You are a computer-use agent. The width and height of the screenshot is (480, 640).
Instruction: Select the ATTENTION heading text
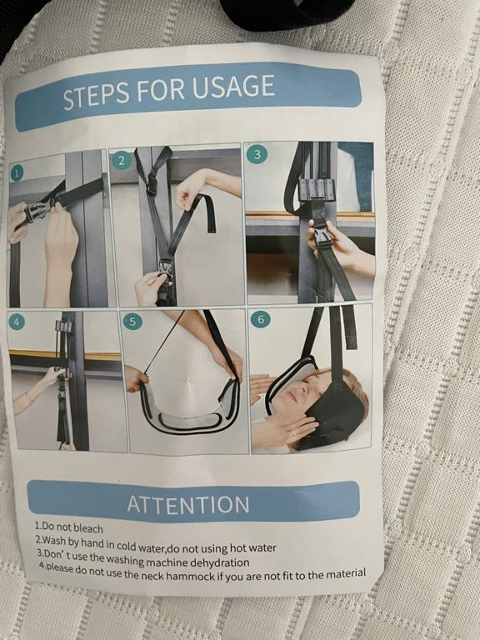click(188, 504)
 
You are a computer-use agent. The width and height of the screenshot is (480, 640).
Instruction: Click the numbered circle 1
click(17, 173)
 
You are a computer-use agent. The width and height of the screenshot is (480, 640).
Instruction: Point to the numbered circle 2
click(121, 160)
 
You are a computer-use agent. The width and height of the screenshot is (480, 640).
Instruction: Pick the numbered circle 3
click(257, 155)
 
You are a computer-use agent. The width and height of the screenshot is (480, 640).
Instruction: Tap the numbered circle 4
click(17, 322)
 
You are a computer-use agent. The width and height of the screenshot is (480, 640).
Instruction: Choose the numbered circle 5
click(132, 321)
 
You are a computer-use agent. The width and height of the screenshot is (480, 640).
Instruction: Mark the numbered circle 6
click(260, 319)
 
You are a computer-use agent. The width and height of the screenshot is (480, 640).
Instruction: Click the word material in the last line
click(346, 573)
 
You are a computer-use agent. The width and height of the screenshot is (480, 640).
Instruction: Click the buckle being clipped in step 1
click(37, 212)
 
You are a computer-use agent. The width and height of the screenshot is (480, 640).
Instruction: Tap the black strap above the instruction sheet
click(286, 14)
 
